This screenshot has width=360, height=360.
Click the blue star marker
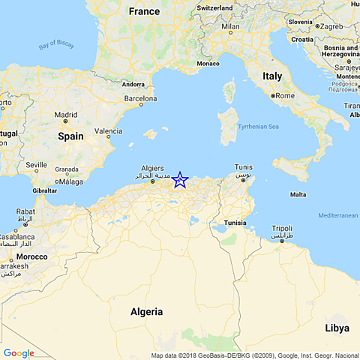pyautogui.click(x=180, y=180)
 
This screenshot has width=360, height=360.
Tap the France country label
pyautogui.click(x=144, y=11)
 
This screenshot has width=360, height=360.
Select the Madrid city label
pyautogui.click(x=65, y=115)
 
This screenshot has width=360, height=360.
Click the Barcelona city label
pyautogui.click(x=139, y=98)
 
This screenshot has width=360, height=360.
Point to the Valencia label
pyautogui.click(x=108, y=131)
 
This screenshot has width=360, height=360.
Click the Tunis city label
pyautogui.click(x=243, y=166)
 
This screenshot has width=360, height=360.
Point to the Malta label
pyautogui.click(x=298, y=194)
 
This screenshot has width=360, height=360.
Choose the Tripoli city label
pyautogui.click(x=281, y=228)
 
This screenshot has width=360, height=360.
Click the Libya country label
pyautogui.click(x=337, y=328)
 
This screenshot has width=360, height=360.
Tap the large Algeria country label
pyautogui.click(x=146, y=311)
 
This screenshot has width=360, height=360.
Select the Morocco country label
pyautogui.click(x=32, y=256)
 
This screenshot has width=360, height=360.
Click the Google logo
pyautogui.click(x=19, y=353)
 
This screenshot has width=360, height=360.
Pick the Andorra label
pyautogui.click(x=133, y=84)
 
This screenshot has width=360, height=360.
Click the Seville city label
pyautogui.click(x=36, y=164)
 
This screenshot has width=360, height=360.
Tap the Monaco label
pyautogui.click(x=208, y=64)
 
